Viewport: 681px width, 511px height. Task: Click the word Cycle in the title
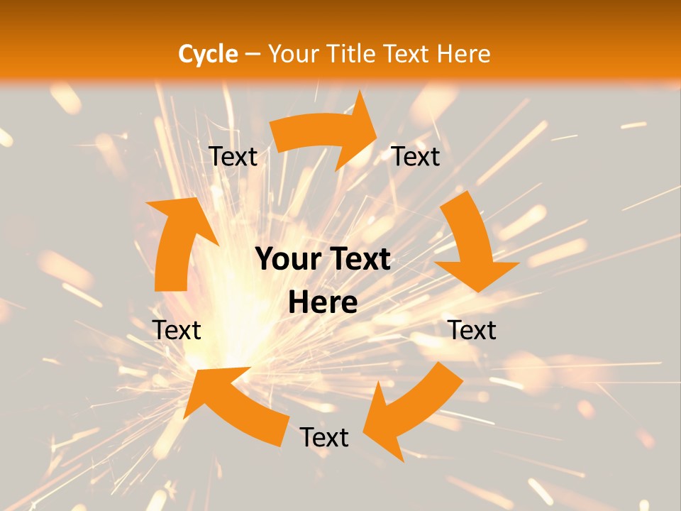208,54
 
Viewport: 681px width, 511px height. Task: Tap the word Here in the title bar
463,54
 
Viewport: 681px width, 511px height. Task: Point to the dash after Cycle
253,55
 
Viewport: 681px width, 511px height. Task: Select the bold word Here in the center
323,303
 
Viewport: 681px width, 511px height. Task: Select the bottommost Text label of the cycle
324,437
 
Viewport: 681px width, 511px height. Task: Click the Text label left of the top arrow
233,157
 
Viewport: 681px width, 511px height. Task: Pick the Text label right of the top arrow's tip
416,157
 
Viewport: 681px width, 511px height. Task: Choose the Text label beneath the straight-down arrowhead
472,330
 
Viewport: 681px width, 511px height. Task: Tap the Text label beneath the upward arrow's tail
177,330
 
